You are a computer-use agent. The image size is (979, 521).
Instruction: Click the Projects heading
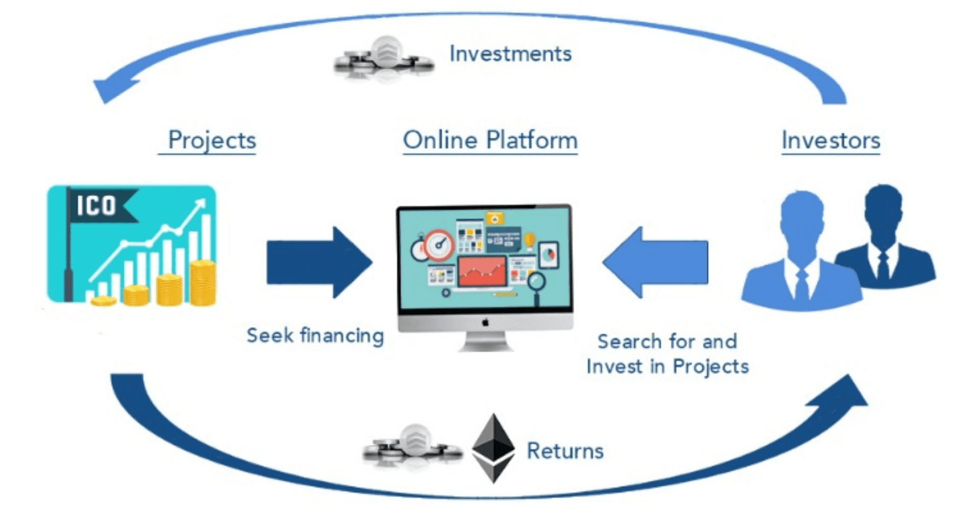click(x=212, y=140)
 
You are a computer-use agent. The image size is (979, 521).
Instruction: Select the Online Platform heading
click(x=490, y=140)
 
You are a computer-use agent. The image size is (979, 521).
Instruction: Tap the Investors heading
click(x=831, y=140)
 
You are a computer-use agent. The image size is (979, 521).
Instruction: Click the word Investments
click(x=510, y=54)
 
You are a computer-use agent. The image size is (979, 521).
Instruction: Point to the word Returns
click(x=565, y=451)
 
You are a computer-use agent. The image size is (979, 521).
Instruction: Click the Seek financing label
click(x=315, y=335)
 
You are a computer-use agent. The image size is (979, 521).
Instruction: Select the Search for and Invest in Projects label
click(x=667, y=354)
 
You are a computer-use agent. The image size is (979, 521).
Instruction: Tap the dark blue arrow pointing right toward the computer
click(x=319, y=262)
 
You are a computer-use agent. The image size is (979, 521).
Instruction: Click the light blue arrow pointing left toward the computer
click(x=656, y=262)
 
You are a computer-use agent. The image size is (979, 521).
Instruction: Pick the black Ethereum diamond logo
click(x=493, y=448)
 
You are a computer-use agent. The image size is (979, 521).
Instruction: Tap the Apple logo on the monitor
click(x=485, y=322)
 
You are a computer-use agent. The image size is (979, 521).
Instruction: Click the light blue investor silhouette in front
click(x=801, y=255)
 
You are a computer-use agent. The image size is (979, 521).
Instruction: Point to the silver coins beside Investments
click(x=383, y=57)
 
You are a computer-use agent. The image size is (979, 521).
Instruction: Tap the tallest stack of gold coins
click(x=202, y=283)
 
